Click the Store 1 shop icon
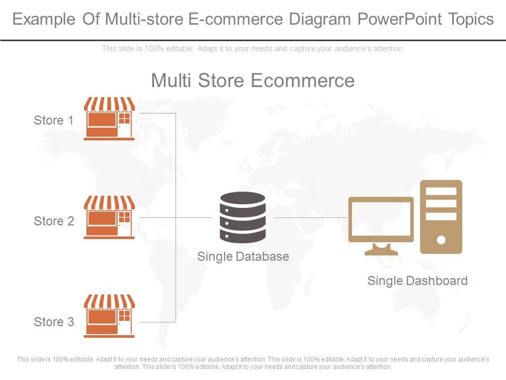click(x=109, y=119)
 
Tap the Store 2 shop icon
click(x=109, y=217)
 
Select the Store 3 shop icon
click(x=109, y=316)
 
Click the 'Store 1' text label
click(x=54, y=120)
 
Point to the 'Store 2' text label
click(x=54, y=221)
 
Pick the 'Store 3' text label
click(x=54, y=322)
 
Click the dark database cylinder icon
click(x=242, y=217)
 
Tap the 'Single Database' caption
click(x=243, y=256)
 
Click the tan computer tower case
click(x=441, y=216)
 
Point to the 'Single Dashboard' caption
click(x=417, y=281)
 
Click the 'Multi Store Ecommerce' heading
click(x=252, y=81)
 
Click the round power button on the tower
click(x=441, y=240)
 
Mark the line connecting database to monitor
click(x=311, y=217)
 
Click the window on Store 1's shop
click(x=124, y=118)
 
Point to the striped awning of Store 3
click(x=109, y=301)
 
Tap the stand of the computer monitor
click(x=381, y=249)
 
